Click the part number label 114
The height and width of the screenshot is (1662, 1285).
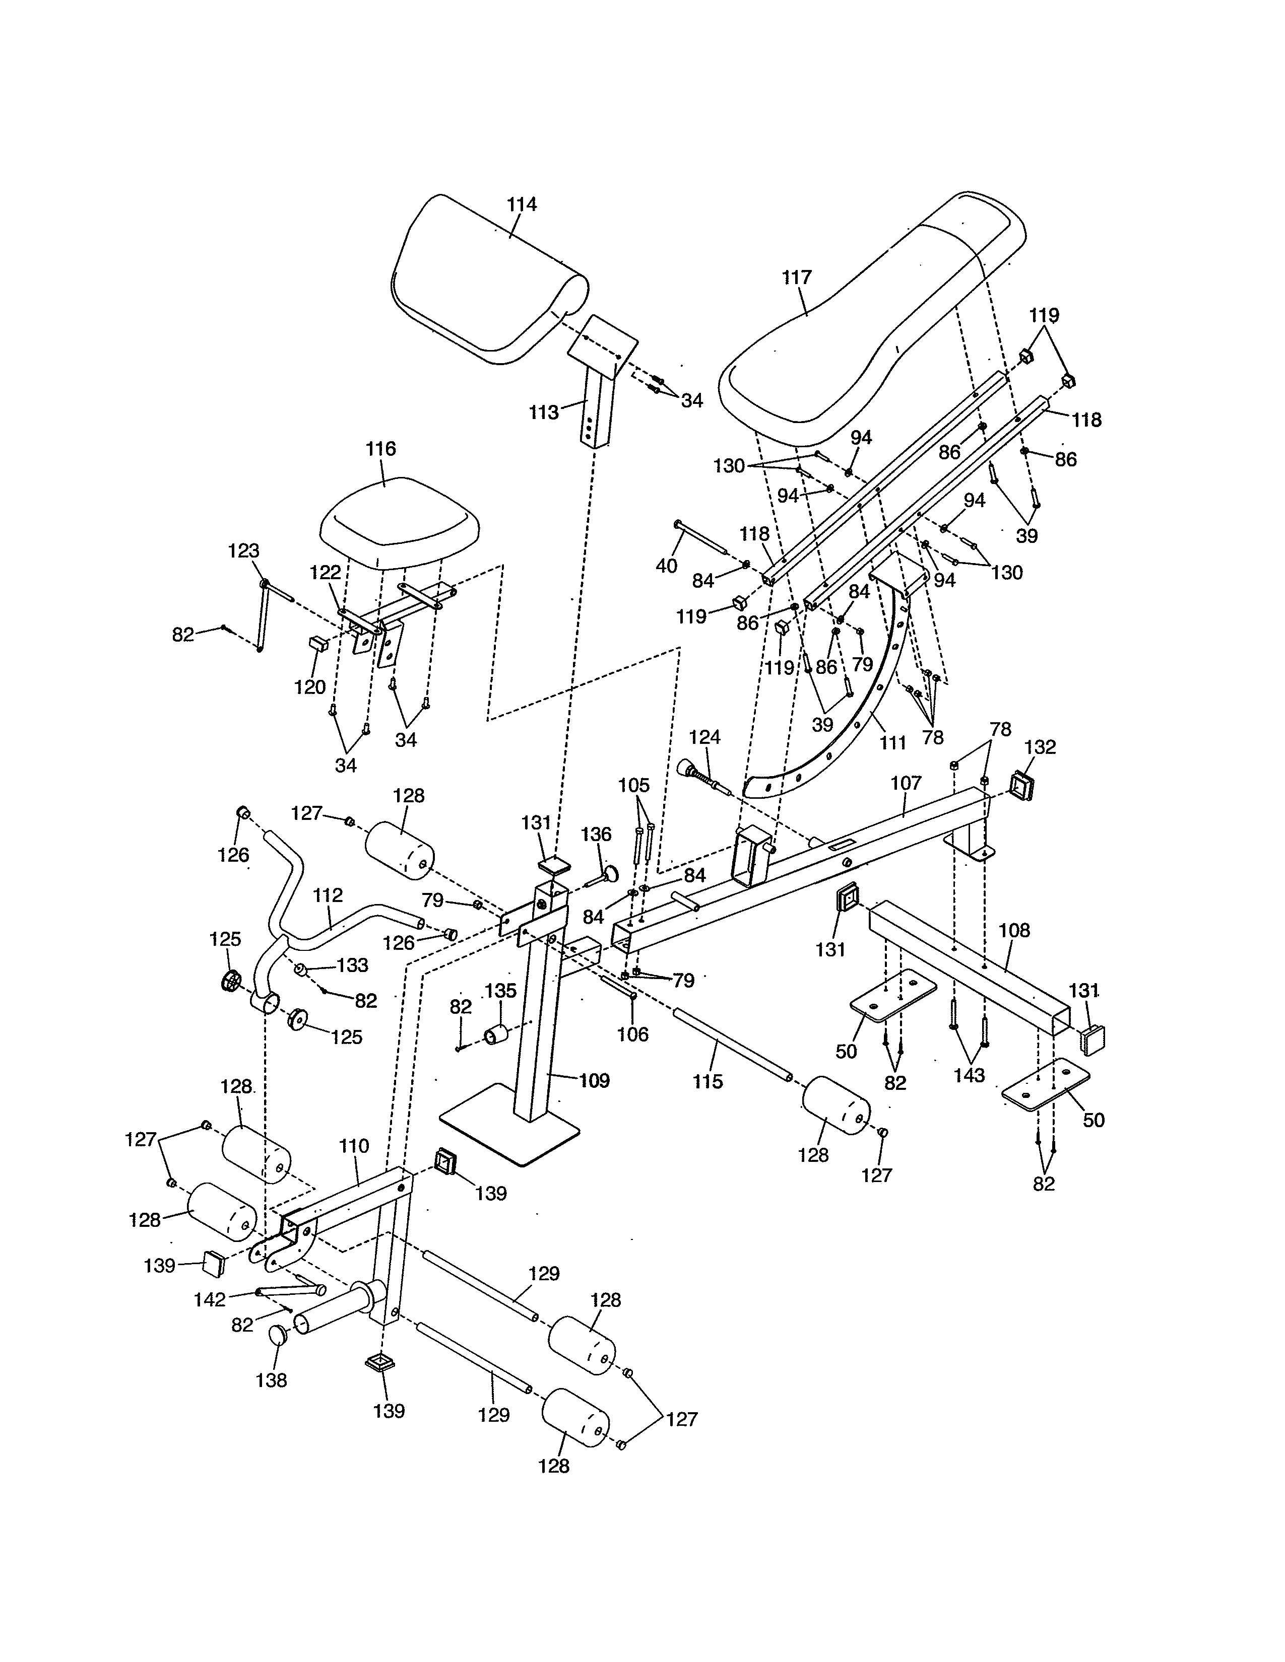[x=522, y=204]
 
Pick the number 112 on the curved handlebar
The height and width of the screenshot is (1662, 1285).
[x=328, y=895]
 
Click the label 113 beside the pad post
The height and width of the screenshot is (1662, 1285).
[x=544, y=412]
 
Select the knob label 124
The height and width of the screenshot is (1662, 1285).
[x=704, y=737]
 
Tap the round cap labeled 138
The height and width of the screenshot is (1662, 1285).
[x=278, y=1335]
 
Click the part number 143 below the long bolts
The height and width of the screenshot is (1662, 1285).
[x=969, y=1075]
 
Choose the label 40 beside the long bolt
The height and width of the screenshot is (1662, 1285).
[x=666, y=566]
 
